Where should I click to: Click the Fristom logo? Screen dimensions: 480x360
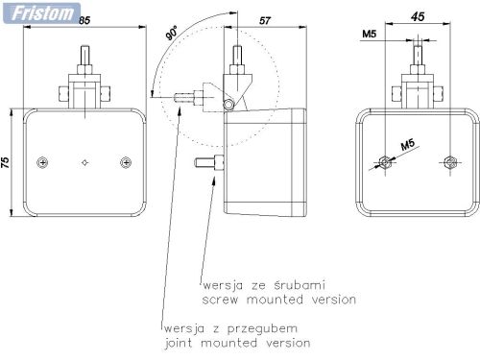pos(41,13)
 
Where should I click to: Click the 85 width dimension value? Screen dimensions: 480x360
pos(84,20)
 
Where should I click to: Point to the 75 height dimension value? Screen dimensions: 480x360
pos(6,162)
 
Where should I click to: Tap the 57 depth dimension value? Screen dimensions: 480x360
pos(265,21)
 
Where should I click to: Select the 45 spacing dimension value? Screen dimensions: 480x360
pos(418,16)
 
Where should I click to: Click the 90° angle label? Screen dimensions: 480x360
pos(172,34)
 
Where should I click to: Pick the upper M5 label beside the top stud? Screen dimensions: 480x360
pos(370,34)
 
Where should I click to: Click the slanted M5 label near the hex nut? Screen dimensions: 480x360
pos(408,145)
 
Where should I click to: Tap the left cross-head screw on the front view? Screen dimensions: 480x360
pos(42,162)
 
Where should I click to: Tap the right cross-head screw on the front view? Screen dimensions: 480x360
pos(126,162)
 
